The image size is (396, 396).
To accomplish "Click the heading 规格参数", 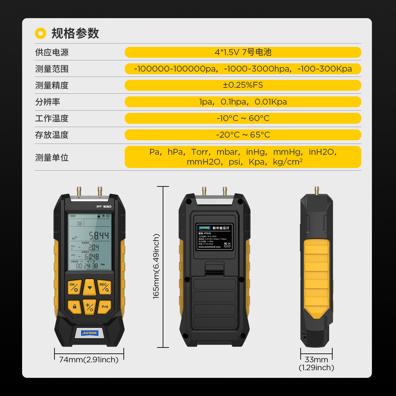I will [75, 33].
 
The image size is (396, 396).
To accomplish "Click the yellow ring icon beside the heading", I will [41, 33].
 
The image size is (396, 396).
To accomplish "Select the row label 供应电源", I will [52, 52].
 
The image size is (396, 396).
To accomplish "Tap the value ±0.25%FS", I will [243, 85].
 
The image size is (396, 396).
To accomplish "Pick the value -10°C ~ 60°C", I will [243, 118].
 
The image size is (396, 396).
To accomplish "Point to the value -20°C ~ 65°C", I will [243, 135].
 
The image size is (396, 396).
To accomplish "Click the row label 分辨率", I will [48, 102].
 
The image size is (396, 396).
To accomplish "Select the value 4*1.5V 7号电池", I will [243, 52].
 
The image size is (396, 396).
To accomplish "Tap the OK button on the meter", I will [74, 287].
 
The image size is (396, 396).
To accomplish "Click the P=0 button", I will [105, 307].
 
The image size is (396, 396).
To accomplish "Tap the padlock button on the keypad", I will [75, 307].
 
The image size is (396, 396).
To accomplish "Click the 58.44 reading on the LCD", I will [99, 236].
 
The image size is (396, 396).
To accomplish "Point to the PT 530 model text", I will [104, 207].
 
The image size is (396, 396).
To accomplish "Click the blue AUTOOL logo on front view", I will [89, 333].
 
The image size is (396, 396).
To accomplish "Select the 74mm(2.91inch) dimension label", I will [89, 360].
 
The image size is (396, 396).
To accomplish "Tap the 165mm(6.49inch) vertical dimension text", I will [156, 266].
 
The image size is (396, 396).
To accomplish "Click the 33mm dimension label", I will [316, 360].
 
